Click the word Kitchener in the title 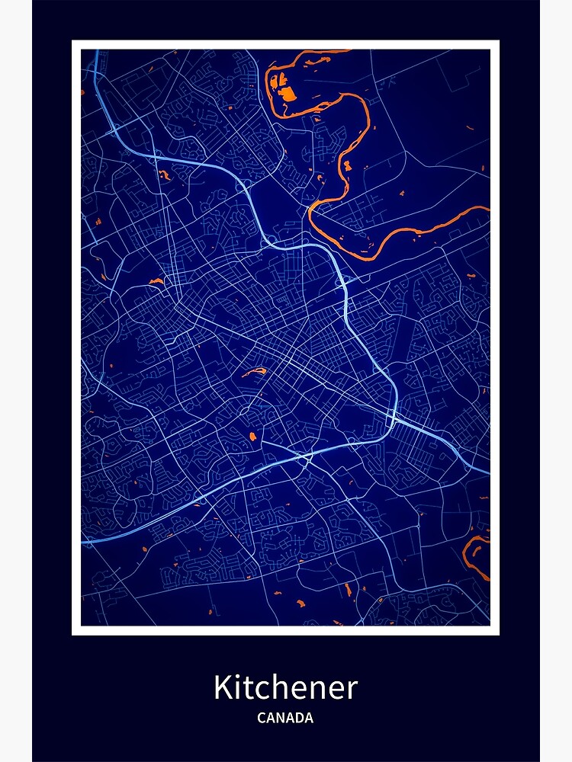(x=285, y=687)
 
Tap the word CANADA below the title (x=285, y=718)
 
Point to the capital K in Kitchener (x=222, y=687)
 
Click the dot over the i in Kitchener (x=237, y=675)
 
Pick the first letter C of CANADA (x=262, y=718)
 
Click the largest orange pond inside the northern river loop (x=287, y=93)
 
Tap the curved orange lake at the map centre (x=255, y=373)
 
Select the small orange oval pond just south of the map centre (x=252, y=436)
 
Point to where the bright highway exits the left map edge (x=82, y=542)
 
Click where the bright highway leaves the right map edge (x=488, y=472)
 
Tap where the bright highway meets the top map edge (x=96, y=51)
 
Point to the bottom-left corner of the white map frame (x=74, y=632)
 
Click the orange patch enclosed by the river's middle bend (x=347, y=165)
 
